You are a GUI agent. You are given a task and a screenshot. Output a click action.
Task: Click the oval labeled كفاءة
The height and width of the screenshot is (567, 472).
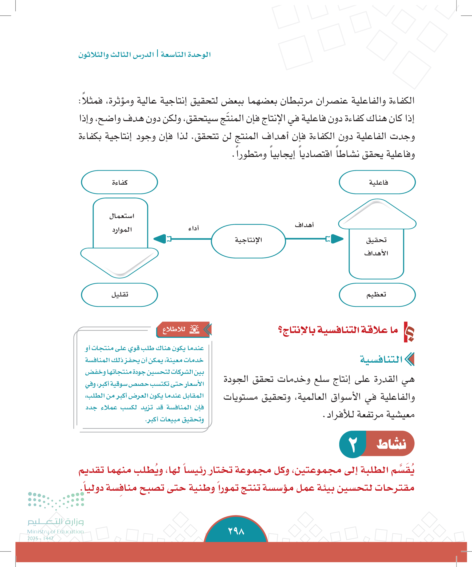point(119,182)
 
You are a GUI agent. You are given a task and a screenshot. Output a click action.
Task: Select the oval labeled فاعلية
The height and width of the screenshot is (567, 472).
point(377,182)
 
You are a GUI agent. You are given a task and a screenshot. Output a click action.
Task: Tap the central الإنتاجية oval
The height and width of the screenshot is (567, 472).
point(248,240)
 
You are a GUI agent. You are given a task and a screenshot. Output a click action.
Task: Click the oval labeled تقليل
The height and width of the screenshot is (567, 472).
point(119,295)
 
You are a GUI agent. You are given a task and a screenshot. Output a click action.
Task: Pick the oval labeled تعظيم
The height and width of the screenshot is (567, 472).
point(377,295)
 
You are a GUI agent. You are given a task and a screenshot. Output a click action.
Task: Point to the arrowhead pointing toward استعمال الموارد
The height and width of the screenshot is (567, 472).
point(160,239)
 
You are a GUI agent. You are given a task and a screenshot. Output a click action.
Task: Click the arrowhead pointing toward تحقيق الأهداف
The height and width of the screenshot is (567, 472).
point(337,239)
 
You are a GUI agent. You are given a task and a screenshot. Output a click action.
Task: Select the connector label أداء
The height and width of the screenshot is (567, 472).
point(194,228)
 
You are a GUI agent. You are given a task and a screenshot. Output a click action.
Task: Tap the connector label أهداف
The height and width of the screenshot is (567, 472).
point(304,225)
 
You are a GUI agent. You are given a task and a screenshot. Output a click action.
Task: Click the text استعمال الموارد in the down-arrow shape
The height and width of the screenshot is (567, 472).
point(121,223)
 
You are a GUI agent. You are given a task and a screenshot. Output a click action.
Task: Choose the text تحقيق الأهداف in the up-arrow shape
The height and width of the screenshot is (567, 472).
point(376,246)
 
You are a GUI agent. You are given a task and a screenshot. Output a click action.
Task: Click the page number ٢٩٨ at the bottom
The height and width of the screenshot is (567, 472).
point(236,531)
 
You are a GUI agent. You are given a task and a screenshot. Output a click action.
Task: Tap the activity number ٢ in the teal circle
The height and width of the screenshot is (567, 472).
point(353,445)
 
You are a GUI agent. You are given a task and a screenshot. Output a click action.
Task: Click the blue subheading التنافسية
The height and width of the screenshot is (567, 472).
point(381,359)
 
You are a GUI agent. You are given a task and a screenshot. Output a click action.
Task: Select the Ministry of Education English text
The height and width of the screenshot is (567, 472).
point(55,531)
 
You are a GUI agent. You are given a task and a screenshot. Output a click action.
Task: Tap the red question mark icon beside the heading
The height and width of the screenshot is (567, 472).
point(409,332)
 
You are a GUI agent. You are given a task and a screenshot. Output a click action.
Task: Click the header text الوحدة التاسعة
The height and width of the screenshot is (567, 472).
point(186,54)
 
